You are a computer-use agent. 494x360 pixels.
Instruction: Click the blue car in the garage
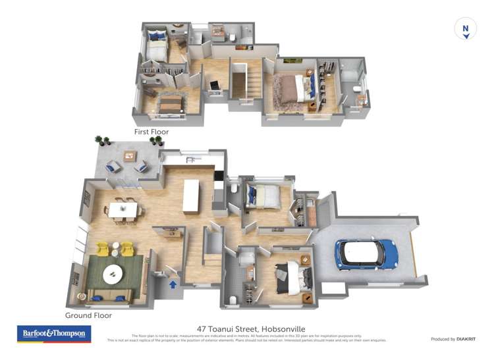click(366, 253)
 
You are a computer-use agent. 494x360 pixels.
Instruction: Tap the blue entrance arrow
click(173, 284)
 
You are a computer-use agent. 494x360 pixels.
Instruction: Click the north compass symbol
click(466, 29)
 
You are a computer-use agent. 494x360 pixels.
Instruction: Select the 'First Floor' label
click(151, 132)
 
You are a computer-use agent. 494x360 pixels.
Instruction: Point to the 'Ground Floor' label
click(88, 315)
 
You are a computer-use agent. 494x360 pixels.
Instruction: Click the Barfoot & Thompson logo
click(53, 334)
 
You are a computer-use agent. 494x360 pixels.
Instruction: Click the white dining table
click(124, 209)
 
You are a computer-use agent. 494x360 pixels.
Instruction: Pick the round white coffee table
click(111, 271)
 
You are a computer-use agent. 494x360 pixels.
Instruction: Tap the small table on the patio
click(130, 157)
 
